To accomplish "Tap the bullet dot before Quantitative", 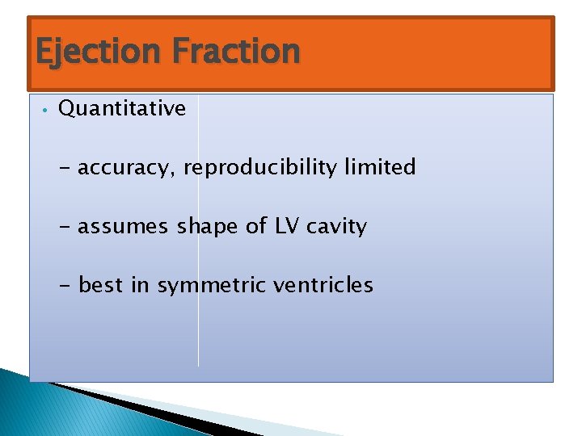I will coord(47,110).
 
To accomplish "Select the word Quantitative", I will coord(122,109).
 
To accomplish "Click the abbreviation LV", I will coord(287,226).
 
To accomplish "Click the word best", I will coord(101,285).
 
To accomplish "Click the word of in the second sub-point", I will coord(255,226).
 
